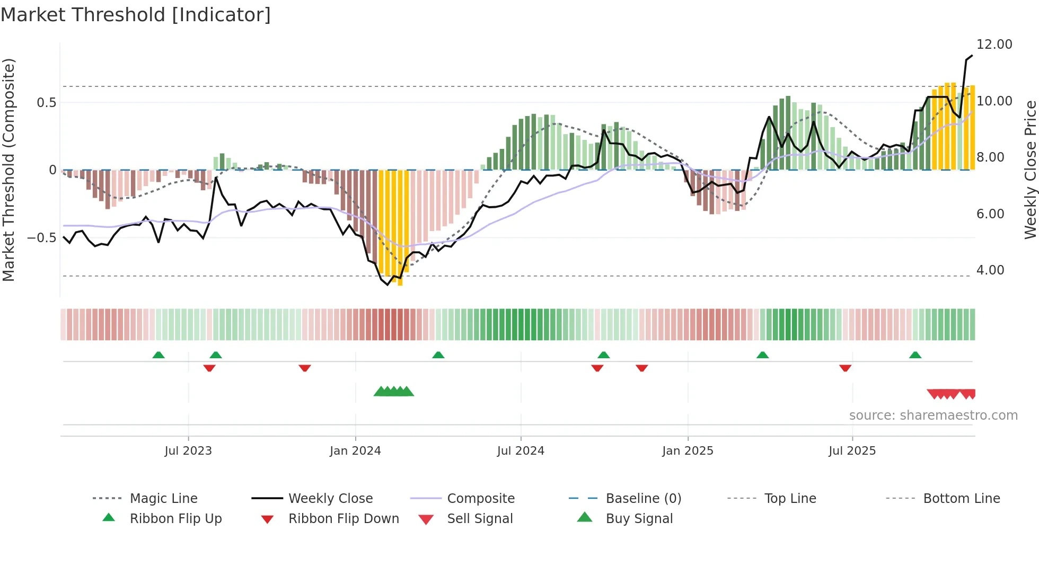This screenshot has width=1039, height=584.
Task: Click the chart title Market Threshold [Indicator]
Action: click(136, 15)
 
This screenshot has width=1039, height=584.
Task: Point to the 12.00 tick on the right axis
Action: click(994, 45)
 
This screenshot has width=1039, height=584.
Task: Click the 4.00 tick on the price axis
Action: click(990, 270)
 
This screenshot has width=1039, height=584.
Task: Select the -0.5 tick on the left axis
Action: click(41, 238)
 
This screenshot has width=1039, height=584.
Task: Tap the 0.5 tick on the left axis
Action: click(46, 102)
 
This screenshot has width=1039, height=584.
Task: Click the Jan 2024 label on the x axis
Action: click(355, 451)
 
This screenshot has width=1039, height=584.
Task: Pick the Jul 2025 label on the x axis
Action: click(852, 451)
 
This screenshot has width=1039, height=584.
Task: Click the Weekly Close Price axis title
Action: click(1030, 170)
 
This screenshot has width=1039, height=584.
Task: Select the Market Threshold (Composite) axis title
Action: click(8, 170)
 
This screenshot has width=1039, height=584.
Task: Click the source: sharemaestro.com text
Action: click(933, 415)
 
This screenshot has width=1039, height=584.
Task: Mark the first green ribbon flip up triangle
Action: click(159, 355)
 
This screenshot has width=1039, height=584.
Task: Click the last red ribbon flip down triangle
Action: click(845, 368)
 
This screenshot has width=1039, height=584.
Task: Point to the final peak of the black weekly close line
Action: click(972, 56)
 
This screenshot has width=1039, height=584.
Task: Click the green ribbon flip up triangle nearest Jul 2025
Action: click(915, 355)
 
